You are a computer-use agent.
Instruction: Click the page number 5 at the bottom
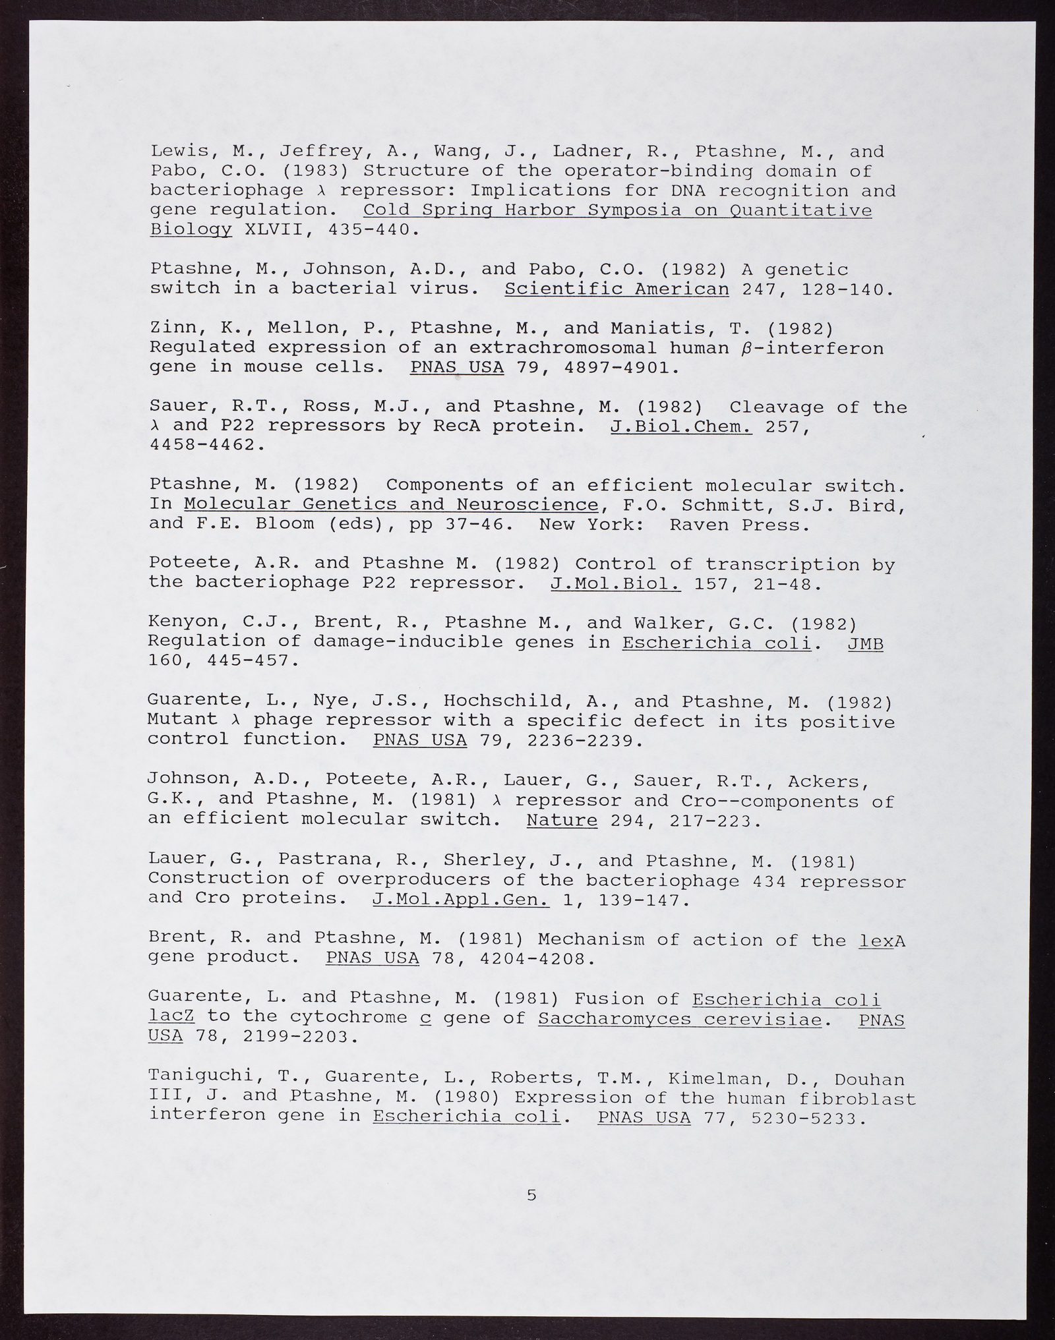[531, 1195]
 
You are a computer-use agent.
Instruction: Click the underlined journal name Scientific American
[617, 289]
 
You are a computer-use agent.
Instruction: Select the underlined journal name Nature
[562, 821]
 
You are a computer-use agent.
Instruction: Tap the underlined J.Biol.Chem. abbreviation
[681, 426]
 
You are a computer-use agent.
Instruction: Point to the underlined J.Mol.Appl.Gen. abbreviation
[460, 900]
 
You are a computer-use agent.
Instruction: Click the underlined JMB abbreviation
[865, 643]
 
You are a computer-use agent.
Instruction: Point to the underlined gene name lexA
[883, 941]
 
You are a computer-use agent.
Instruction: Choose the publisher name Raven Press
[738, 525]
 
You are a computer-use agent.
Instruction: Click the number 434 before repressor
[768, 881]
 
